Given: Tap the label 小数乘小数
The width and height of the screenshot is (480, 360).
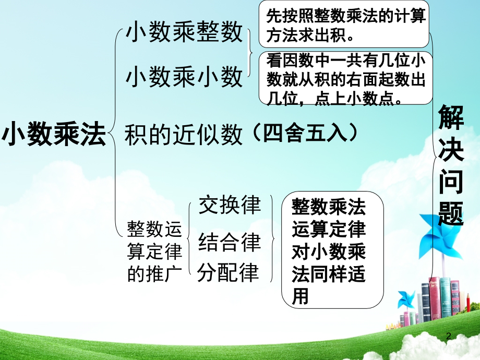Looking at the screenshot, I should coord(184,77).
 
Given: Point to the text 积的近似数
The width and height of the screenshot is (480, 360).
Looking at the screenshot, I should coord(184,135).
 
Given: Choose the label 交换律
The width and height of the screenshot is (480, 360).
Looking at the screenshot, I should coord(230,206).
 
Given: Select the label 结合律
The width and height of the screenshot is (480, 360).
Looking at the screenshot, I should coord(230,242).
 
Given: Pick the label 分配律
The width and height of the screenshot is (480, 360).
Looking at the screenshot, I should coord(228,272).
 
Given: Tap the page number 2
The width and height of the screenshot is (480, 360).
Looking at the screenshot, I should coord(448,337).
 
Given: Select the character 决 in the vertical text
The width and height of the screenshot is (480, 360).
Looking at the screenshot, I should coord(451,149).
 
